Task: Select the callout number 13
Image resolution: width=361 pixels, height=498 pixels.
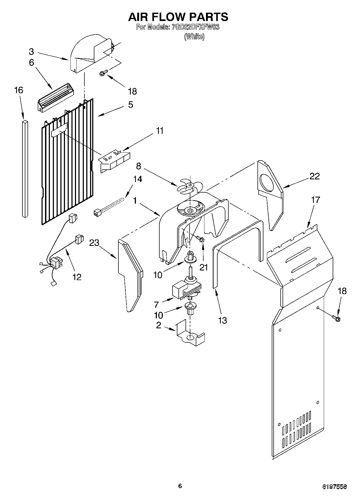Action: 222,320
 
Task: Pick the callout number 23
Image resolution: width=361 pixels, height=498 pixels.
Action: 94,243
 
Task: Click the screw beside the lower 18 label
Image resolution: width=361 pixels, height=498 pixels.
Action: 336,318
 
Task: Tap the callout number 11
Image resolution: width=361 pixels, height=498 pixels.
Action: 160,131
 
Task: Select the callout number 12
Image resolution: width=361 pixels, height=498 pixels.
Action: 77,277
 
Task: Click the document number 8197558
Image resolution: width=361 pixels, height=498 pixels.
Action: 334,486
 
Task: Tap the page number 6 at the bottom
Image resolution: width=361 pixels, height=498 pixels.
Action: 180,486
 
